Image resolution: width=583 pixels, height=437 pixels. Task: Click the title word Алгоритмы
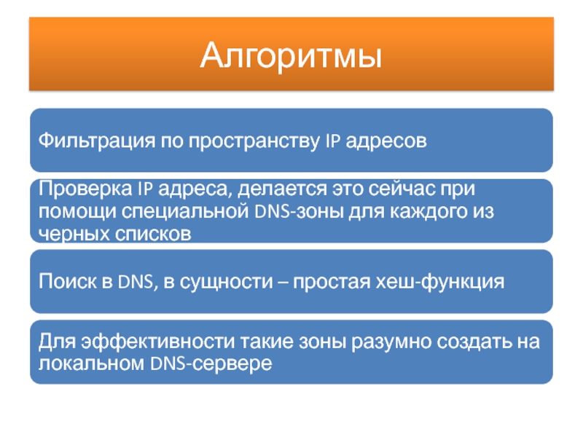(291, 56)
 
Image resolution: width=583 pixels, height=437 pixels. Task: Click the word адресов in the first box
(386, 141)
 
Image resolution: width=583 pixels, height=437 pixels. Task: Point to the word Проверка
(85, 189)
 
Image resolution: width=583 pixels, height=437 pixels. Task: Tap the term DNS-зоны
(299, 211)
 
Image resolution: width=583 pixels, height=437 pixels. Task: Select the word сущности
(227, 282)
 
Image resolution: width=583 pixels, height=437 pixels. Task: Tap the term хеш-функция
(440, 281)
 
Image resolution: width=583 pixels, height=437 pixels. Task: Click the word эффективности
(158, 342)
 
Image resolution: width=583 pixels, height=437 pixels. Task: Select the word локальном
(91, 363)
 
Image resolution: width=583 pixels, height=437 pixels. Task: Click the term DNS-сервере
(211, 363)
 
